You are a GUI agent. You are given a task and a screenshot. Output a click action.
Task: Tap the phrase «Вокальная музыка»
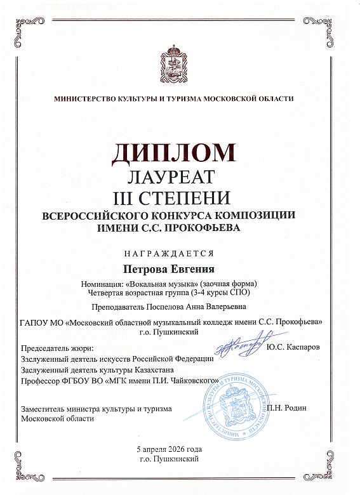pyautogui.click(x=162, y=282)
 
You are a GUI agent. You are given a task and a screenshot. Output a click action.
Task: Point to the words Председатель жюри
pyautogui.click(x=57, y=348)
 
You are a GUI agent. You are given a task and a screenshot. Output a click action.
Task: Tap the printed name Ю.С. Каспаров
pyautogui.click(x=293, y=348)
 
